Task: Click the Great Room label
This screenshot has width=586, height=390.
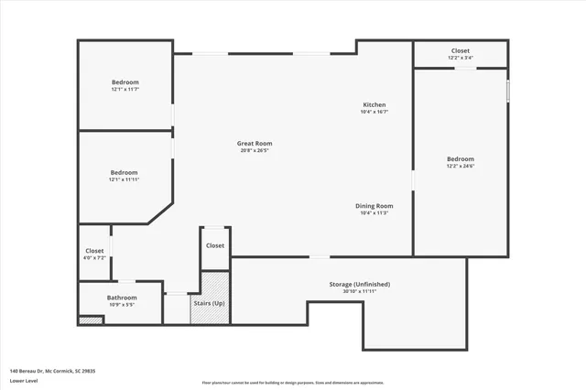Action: coord(255,143)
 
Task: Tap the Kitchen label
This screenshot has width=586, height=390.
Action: coord(374,105)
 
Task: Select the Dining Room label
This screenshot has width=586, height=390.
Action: coord(374,206)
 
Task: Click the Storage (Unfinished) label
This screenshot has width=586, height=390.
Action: coord(353,284)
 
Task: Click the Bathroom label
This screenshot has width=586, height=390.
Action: coord(122,298)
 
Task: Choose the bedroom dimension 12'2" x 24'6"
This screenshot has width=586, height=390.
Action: coord(461,166)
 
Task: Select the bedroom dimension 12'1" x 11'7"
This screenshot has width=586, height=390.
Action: coord(125,89)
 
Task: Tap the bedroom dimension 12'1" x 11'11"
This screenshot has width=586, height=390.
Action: coord(124,179)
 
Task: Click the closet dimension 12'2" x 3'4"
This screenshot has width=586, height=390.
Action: coord(461,58)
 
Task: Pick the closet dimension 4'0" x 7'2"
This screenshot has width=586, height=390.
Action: coord(94,258)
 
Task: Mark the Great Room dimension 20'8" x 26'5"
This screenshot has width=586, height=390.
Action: coord(255,150)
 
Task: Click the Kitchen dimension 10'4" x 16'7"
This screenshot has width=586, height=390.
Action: coord(374,113)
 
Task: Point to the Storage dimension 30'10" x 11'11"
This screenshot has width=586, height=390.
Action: coord(353,291)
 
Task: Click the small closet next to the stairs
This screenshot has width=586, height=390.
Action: coord(215,248)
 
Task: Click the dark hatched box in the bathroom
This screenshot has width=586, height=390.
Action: coord(90,320)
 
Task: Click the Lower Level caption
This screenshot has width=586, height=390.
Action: coord(24,381)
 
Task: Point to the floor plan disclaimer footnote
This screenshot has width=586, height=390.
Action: coord(293,382)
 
